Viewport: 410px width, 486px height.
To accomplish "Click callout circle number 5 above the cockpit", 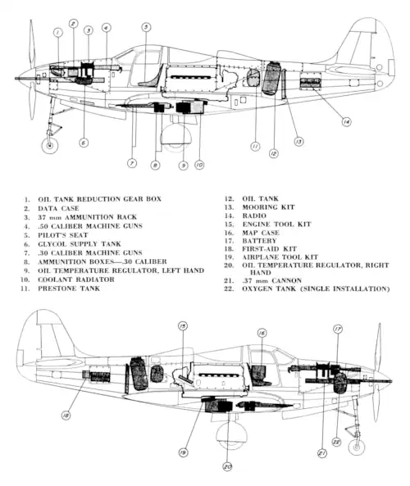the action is point(146,27).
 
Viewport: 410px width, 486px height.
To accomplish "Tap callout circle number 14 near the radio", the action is point(346,122).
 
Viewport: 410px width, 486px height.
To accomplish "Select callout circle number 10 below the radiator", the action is point(199,165).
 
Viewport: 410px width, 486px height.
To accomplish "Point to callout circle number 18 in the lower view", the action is point(66,416).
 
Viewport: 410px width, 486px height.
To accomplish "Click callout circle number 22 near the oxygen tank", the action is point(336,442).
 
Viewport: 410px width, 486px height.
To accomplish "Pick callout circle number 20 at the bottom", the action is point(227,466).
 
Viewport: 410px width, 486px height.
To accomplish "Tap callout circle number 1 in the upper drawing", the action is point(58,32).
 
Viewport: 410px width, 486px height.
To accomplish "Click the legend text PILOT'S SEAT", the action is point(63,235).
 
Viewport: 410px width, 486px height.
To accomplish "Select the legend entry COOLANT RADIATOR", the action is point(76,279).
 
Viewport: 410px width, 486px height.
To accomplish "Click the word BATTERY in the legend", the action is point(259,241).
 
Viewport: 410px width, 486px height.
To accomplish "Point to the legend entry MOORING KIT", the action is point(268,207).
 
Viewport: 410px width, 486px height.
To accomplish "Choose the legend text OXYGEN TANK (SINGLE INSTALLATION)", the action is point(316,288).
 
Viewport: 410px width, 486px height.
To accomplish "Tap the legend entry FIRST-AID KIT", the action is point(269,249).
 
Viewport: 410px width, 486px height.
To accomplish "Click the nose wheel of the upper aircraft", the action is point(50,145).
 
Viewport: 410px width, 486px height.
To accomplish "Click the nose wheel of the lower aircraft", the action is point(357,447).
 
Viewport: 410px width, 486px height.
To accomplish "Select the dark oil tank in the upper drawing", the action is point(271,78).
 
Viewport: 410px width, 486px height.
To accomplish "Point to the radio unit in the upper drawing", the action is point(311,81).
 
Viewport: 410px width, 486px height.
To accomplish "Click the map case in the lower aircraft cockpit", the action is point(257,373).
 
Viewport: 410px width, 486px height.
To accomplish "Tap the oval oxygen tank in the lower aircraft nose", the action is point(339,383).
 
